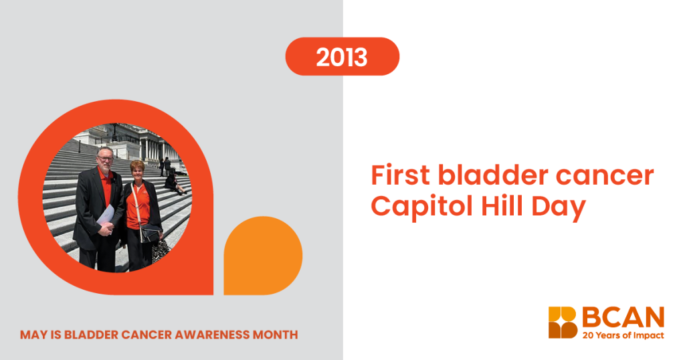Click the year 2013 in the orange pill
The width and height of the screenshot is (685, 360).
pyautogui.click(x=342, y=58)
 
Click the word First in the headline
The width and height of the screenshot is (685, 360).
pyautogui.click(x=401, y=175)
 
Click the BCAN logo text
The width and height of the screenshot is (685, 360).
pyautogui.click(x=623, y=317)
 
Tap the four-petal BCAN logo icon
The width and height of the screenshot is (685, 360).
pyautogui.click(x=563, y=323)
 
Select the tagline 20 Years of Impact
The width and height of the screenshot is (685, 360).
pyautogui.click(x=623, y=335)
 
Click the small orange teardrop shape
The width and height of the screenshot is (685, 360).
pyautogui.click(x=263, y=256)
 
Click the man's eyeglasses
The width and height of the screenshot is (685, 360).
pyautogui.click(x=105, y=158)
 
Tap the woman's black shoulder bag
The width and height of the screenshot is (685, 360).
pyautogui.click(x=149, y=234)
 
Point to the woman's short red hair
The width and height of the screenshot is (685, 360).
pyautogui.click(x=137, y=166)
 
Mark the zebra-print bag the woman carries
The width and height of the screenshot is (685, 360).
pyautogui.click(x=161, y=251)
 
